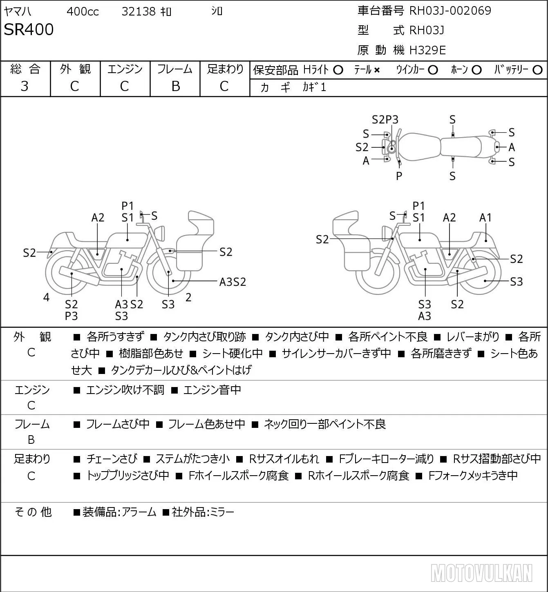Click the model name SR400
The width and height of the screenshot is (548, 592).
point(29,29)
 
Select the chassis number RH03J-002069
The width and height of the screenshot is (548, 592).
point(450,11)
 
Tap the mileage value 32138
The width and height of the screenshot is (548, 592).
point(139,11)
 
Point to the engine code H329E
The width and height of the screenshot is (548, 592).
point(427,50)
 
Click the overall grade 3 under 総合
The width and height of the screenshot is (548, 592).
point(25,86)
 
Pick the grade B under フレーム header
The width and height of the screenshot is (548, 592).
point(175,86)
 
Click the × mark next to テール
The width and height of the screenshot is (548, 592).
point(377,70)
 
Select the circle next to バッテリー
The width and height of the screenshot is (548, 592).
point(537,70)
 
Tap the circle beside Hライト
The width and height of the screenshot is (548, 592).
point(338,70)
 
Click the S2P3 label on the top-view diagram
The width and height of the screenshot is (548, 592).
point(385,120)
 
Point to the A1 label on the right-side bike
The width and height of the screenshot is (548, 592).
point(485,218)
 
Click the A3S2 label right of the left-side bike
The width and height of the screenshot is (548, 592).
point(233,282)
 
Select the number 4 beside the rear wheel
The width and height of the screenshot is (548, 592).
point(46,297)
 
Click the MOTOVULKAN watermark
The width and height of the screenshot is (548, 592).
point(481,573)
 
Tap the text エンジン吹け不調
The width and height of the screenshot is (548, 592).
point(125,389)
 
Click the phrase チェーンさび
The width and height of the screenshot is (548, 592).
point(112,459)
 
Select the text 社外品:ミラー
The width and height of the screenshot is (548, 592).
point(203,512)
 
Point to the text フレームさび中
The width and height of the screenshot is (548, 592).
point(118,424)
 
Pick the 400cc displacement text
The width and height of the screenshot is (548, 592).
point(83,11)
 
